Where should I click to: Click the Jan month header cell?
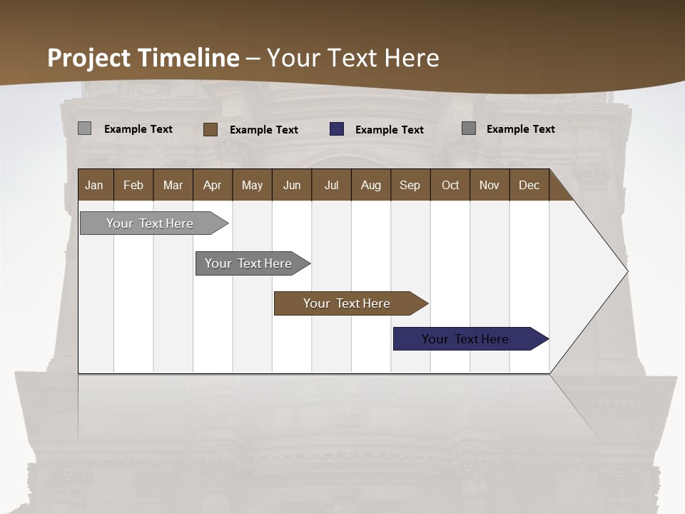tap(95, 185)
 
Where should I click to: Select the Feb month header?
tap(133, 185)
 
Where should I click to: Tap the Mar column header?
tap(173, 185)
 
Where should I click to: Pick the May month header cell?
tap(252, 185)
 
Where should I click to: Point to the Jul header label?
tap(331, 185)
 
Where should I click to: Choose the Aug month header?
tap(371, 185)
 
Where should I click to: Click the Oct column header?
tap(450, 185)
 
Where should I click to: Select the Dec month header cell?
tap(529, 185)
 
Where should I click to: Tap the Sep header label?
tap(410, 185)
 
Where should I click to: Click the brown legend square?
tap(210, 129)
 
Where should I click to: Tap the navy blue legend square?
tap(337, 129)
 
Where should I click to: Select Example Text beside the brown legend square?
tap(264, 130)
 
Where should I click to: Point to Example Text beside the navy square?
tap(390, 130)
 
